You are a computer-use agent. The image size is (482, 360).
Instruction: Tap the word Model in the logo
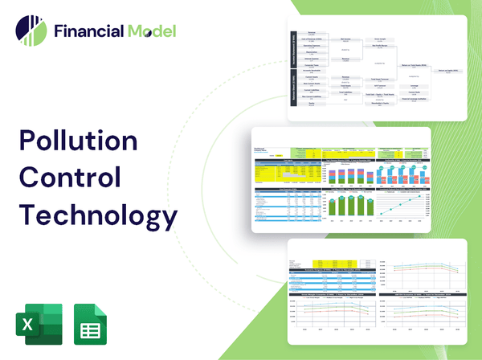coord(150,31)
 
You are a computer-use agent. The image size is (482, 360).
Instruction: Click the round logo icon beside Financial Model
coord(31,31)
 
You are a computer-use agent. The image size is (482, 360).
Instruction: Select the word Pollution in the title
coord(78,140)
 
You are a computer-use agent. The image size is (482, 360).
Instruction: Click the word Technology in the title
coord(97,215)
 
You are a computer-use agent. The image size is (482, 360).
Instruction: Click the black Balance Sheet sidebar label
coord(292,90)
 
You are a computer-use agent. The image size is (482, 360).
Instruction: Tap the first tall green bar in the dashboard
coord(330,206)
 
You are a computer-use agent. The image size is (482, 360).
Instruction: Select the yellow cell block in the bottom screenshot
coord(330,263)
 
